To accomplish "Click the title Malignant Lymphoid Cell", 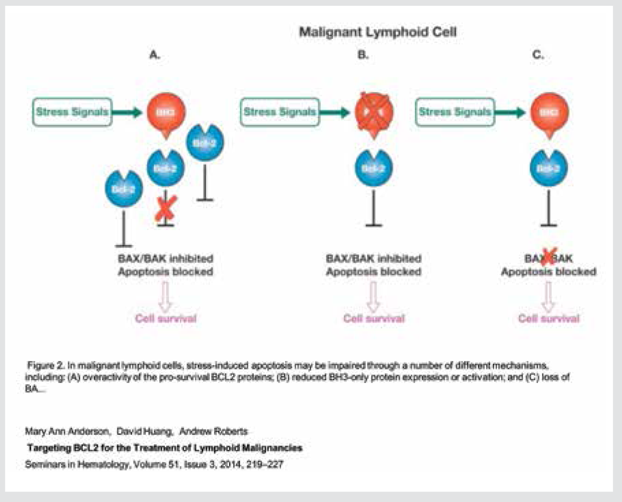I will [377, 32].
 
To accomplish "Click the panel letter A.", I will [155, 55].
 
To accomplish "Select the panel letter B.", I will [363, 55].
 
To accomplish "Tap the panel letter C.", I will [538, 55].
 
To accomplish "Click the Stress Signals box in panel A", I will [72, 112].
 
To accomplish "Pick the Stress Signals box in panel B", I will [280, 112].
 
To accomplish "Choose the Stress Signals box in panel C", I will [455, 112].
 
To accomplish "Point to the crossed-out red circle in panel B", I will [374, 113].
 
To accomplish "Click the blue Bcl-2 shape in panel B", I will [374, 168].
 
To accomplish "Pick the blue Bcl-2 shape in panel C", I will [549, 168].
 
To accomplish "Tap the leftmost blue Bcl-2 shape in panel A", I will [124, 188].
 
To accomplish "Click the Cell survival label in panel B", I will [374, 319].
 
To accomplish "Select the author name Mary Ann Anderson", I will [67, 431].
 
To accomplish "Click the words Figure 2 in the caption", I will [46, 366].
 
